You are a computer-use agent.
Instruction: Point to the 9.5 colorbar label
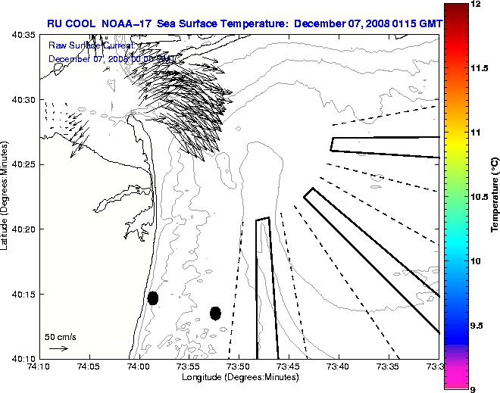click(x=477, y=325)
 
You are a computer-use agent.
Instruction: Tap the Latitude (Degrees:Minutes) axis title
click(x=6, y=197)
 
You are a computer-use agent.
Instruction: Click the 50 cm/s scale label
click(x=60, y=337)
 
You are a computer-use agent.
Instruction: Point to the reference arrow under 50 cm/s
click(x=58, y=348)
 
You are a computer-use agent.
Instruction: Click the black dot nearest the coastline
click(x=153, y=298)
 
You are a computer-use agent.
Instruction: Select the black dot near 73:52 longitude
click(x=215, y=313)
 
